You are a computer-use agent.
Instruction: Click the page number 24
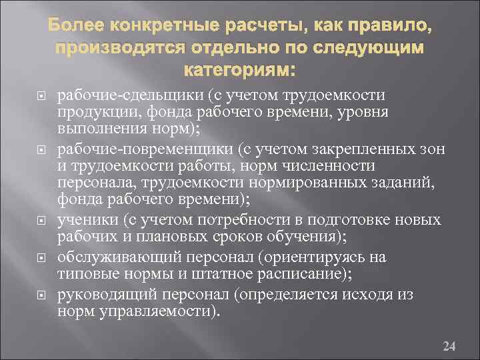[x=449, y=328]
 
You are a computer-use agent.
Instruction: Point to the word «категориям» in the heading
[x=234, y=71]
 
